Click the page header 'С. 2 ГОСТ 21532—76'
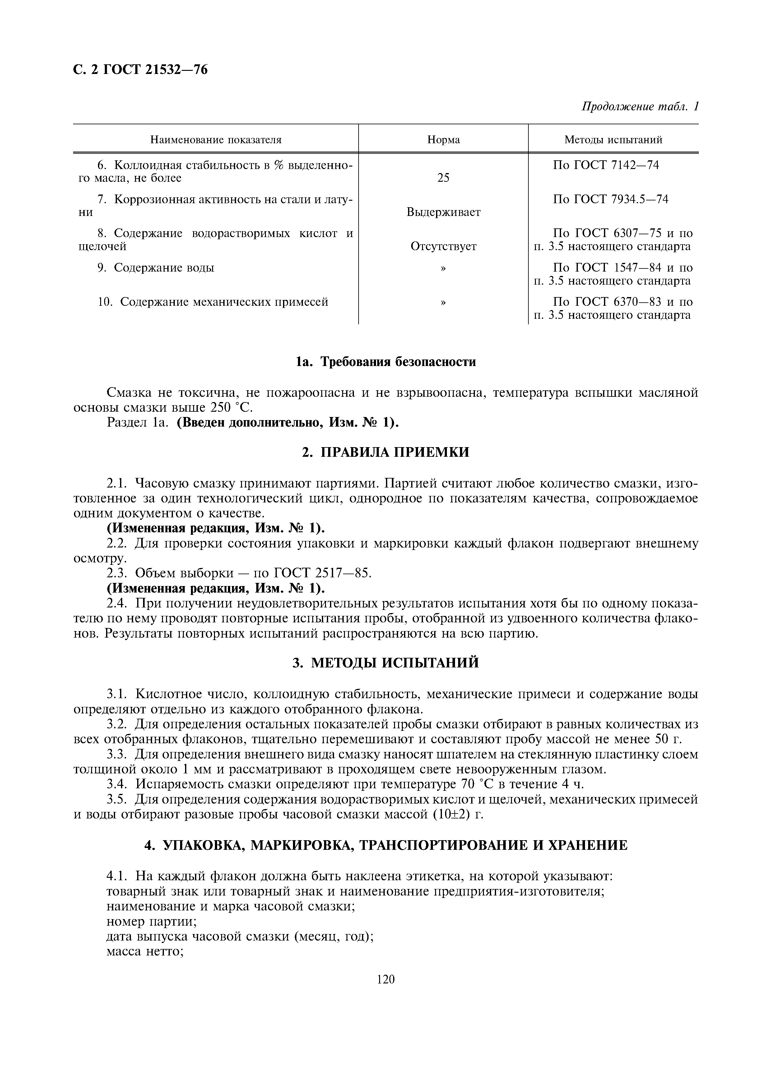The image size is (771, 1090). tap(141, 70)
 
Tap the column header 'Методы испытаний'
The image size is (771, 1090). tap(613, 140)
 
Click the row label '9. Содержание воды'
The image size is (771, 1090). tap(156, 268)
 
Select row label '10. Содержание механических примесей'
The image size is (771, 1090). tap(213, 302)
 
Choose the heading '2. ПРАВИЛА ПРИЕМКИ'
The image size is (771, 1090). tap(385, 452)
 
